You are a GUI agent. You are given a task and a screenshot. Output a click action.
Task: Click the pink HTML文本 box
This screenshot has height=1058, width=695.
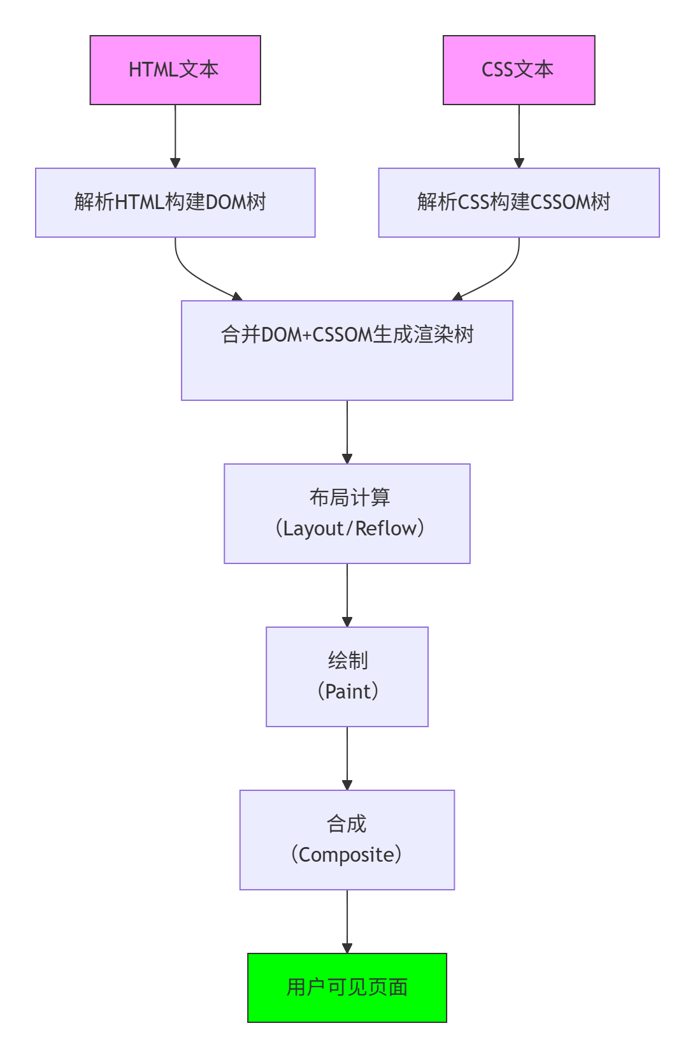(175, 70)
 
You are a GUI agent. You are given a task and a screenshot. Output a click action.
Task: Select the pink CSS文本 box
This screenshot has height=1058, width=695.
(519, 70)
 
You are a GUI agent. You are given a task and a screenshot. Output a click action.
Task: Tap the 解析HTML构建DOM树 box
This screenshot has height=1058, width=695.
(175, 203)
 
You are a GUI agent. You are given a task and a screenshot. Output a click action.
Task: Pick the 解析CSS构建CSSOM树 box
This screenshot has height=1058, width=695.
(519, 203)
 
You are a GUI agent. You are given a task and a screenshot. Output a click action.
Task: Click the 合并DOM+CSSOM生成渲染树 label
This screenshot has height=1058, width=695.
(347, 335)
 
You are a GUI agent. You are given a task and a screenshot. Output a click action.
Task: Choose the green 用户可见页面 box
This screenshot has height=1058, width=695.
(347, 988)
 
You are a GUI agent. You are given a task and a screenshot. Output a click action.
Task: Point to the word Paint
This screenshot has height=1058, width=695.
(348, 692)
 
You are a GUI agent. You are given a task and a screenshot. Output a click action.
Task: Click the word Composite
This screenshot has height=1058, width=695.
(347, 855)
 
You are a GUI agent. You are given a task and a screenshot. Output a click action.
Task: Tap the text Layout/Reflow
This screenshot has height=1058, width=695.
(349, 528)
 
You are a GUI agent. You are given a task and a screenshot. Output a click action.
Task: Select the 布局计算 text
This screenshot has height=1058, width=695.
(350, 497)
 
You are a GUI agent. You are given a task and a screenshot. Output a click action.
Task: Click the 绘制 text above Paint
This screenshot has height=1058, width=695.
(348, 660)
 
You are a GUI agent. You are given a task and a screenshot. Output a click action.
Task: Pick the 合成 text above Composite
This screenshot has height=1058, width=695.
(347, 823)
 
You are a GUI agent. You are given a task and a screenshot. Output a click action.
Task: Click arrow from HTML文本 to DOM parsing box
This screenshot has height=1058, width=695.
(175, 136)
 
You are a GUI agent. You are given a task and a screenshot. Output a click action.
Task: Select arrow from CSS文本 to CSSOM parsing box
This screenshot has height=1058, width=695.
(519, 136)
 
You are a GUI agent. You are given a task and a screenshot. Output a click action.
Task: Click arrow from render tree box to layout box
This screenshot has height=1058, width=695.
(347, 432)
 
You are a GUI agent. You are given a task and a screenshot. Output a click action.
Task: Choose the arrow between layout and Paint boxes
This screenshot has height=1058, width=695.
(347, 595)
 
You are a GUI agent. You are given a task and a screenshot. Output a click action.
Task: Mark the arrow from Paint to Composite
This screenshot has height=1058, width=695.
(347, 758)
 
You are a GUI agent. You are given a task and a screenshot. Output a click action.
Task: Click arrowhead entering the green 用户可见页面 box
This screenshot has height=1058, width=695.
(347, 948)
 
